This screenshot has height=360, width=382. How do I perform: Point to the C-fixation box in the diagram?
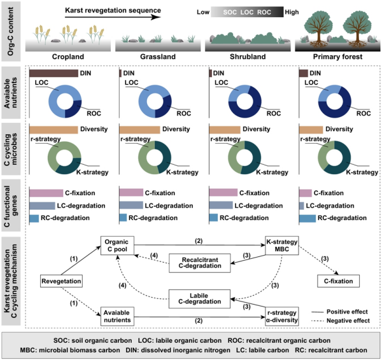pyautogui.click(x=337, y=280)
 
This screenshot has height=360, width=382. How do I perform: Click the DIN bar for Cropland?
pyautogui.click(x=53, y=74)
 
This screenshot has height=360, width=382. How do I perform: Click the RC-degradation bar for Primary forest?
pyautogui.click(x=308, y=218)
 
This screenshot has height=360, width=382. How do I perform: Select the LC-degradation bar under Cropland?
pyautogui.click(x=42, y=205)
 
